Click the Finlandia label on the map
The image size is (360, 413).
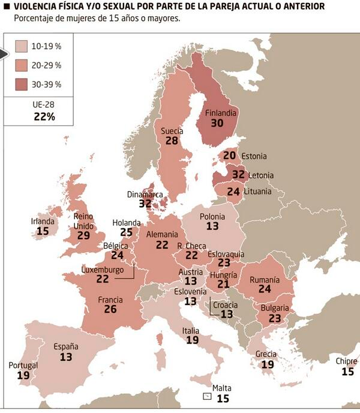point(221,113)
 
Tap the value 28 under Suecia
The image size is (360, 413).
point(172,140)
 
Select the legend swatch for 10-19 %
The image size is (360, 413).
point(21,46)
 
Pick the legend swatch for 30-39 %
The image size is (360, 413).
point(21,85)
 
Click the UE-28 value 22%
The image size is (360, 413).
point(44,117)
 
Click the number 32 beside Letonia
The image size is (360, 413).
point(238,175)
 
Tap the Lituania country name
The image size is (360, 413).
point(257,192)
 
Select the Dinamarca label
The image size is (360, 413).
point(145,194)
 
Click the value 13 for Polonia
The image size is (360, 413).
point(212,227)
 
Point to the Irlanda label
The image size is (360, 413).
point(43,221)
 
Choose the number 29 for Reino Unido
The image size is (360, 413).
point(83,236)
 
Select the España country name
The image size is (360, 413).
point(66,346)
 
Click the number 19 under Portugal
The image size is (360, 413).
point(23,375)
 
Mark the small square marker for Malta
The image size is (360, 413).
point(207,396)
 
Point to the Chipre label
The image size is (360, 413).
point(346,361)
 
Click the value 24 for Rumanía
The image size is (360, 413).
point(265,289)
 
